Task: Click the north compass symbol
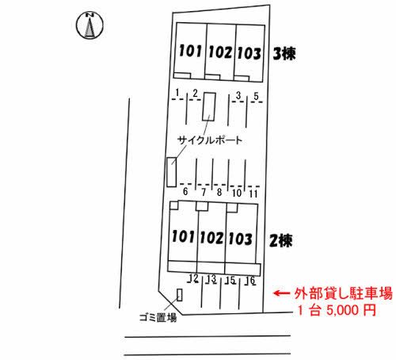coord(89,25)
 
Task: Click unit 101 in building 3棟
coord(190,51)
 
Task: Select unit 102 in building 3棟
coord(220,52)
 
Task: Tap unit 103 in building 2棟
coord(240,239)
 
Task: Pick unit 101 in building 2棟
coord(183,236)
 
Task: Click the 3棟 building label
coord(284,54)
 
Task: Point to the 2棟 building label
coord(280,241)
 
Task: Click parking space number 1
coord(177,93)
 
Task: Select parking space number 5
coord(256,96)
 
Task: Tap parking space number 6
coord(185,191)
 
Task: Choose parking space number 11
coord(253,193)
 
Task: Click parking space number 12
coord(193,278)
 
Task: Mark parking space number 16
coord(250,281)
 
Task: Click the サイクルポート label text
coord(210,140)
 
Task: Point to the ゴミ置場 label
coord(158,317)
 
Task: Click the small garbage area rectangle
coord(180,295)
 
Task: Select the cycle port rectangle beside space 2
coord(209,106)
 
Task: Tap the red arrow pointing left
coord(282,293)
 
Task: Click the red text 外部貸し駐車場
coord(344,293)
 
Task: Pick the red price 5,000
coord(343,310)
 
